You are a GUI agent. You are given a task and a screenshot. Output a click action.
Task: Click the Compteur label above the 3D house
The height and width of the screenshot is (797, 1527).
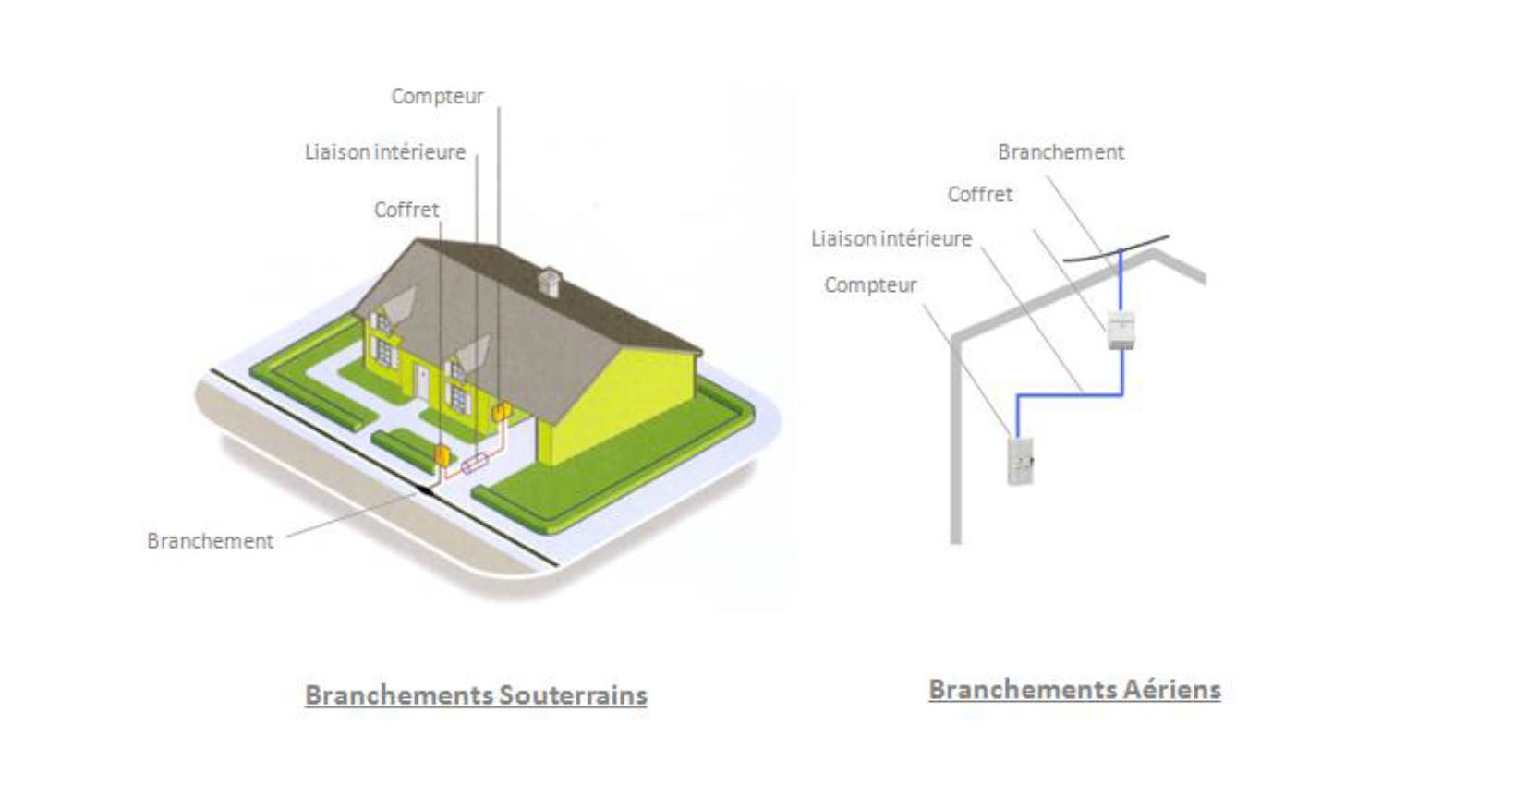point(437,97)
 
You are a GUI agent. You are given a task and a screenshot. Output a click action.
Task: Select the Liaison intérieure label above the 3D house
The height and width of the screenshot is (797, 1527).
point(385,152)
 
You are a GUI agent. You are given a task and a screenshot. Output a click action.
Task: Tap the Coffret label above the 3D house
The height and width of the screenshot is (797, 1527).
point(406,210)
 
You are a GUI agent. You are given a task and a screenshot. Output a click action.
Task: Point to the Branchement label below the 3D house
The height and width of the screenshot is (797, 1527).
point(210,540)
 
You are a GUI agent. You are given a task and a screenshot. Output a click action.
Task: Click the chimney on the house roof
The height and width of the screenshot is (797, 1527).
point(551,282)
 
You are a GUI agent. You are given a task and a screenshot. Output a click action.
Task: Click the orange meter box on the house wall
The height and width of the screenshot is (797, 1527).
point(502,411)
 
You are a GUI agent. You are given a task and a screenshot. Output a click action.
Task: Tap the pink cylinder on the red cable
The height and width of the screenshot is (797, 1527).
point(475,464)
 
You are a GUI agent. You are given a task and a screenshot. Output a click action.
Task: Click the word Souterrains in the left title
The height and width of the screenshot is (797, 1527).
point(573,695)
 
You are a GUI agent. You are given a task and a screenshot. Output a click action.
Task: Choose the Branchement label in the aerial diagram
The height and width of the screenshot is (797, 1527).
point(1060,152)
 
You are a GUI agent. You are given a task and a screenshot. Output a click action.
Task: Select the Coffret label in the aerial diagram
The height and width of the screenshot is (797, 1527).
point(979,194)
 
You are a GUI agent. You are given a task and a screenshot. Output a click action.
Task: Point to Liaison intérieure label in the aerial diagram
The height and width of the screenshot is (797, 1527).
point(891,239)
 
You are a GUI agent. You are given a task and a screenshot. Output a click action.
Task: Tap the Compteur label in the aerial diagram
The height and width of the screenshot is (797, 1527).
point(870,285)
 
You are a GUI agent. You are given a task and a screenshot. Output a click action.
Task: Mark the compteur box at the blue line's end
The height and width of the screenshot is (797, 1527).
point(1021,461)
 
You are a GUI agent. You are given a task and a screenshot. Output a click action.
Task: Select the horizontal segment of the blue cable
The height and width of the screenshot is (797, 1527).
point(1070,394)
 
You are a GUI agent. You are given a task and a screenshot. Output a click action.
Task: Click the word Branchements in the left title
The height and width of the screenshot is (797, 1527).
point(399,695)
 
